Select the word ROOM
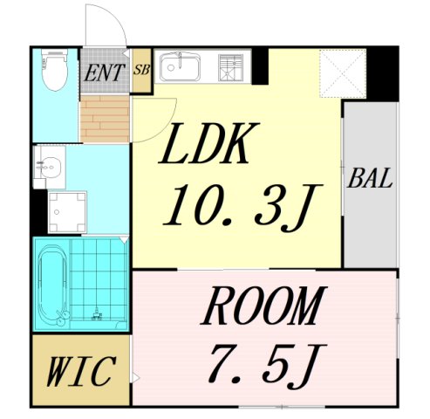[x=263, y=307]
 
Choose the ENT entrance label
[x=105, y=72]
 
